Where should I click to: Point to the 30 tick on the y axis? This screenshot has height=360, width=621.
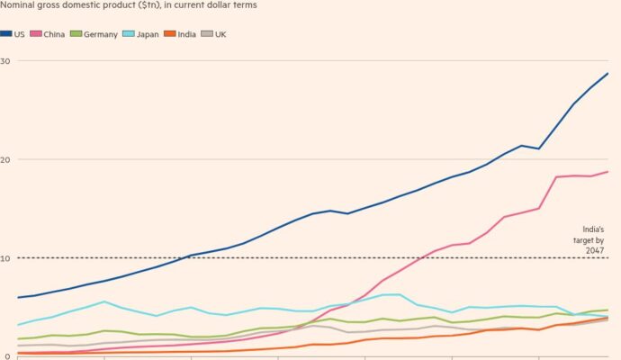(x=5, y=61)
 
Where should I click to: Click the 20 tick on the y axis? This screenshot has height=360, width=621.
(x=5, y=160)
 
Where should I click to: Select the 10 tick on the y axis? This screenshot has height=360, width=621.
(x=5, y=258)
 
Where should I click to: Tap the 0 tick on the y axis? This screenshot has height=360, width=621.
(x=4, y=357)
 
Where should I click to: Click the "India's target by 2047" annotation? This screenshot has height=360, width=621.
(x=589, y=237)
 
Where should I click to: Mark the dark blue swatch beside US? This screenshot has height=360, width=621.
(x=6, y=33)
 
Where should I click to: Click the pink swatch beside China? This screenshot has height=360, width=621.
(x=37, y=33)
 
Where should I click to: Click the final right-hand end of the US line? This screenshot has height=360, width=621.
(x=608, y=73)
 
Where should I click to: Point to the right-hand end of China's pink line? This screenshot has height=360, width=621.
(x=608, y=172)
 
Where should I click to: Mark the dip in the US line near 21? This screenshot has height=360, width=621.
(x=538, y=148)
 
